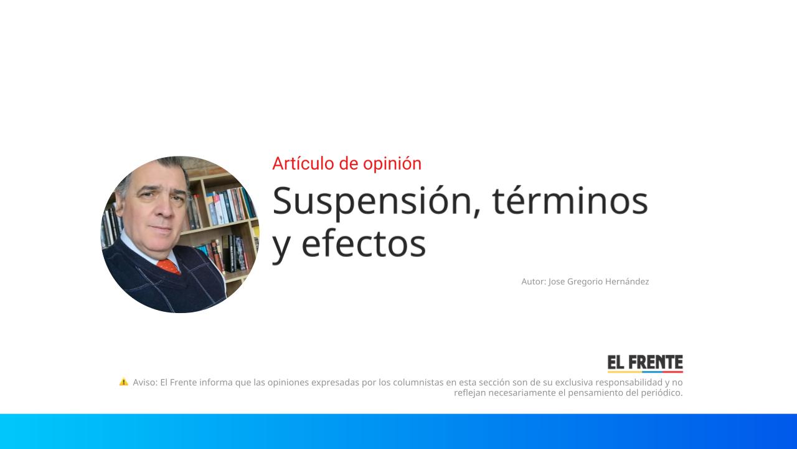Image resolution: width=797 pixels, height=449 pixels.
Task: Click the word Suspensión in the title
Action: coord(371,201)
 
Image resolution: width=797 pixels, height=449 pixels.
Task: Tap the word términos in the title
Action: coord(570,201)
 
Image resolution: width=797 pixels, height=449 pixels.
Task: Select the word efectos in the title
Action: coord(364,243)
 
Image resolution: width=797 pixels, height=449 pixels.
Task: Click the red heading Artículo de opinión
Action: coord(347,163)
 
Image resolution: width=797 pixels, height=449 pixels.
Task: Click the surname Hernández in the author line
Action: coord(627,281)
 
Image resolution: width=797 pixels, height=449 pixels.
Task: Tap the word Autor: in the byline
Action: coord(534,281)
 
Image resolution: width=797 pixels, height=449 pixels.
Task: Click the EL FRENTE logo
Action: coord(645,363)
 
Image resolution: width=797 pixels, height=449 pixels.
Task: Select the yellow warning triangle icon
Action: coord(123,382)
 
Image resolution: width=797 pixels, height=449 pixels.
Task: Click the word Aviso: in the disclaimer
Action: coord(145,382)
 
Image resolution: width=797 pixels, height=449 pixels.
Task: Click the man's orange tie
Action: coord(169,266)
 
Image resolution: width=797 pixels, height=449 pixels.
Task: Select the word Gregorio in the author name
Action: coord(585,281)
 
